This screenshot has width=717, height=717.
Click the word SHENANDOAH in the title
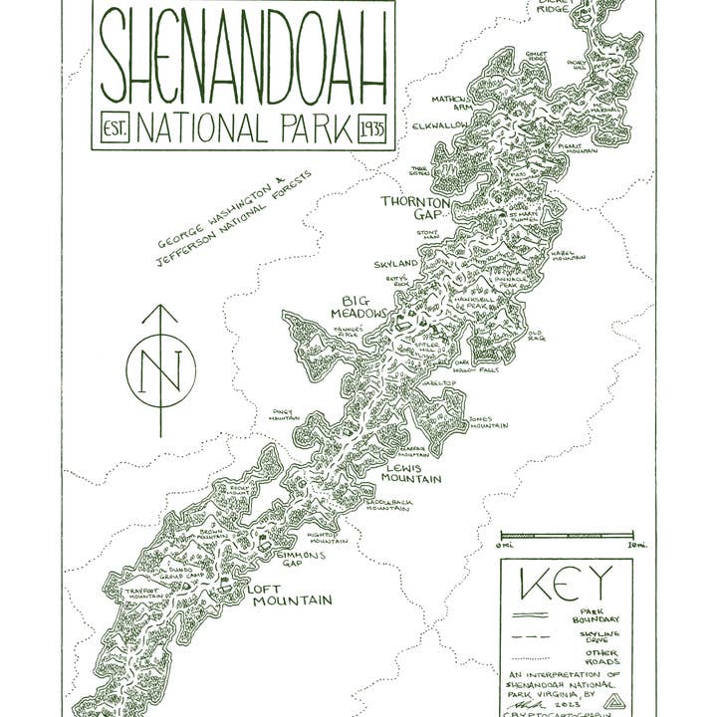(x=243, y=62)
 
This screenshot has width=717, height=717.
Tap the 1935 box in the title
(x=373, y=129)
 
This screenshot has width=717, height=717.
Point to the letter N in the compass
(x=160, y=370)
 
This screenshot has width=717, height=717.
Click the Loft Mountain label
(x=289, y=595)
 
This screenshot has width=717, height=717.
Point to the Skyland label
(x=396, y=264)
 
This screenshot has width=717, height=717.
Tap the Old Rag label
(x=536, y=337)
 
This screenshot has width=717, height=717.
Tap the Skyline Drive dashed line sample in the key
(x=530, y=635)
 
